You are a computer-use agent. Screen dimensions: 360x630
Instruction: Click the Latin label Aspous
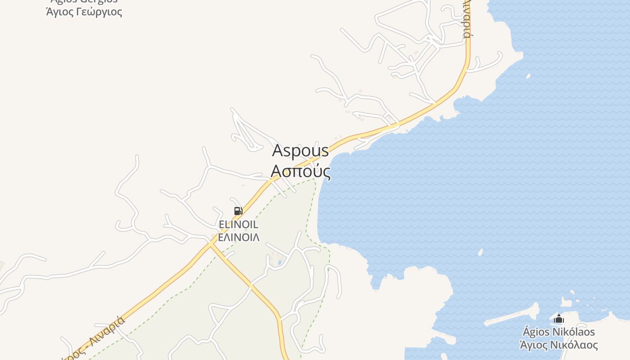click(x=300, y=151)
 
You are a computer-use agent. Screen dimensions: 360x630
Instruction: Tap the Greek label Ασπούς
click(x=300, y=171)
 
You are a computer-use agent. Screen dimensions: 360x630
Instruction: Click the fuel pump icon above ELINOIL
click(x=238, y=211)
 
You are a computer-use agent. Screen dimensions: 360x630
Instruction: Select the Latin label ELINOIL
click(x=238, y=225)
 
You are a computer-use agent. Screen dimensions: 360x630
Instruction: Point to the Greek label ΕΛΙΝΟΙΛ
click(x=238, y=237)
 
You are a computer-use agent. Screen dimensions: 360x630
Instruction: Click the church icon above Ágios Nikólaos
click(x=559, y=319)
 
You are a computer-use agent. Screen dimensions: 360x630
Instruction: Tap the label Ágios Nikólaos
click(x=558, y=332)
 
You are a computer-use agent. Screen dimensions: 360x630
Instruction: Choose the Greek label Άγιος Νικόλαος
click(x=558, y=345)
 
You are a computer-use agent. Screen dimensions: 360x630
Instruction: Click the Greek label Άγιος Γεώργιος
click(x=84, y=11)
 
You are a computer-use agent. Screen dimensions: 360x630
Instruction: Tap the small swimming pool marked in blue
click(x=280, y=262)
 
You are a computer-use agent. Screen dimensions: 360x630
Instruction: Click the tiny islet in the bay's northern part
click(x=528, y=76)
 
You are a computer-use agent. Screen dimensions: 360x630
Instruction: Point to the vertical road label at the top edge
click(x=468, y=20)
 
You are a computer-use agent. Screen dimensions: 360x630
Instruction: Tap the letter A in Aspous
click(x=278, y=151)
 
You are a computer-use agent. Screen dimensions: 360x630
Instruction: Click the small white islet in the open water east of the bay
click(x=481, y=252)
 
